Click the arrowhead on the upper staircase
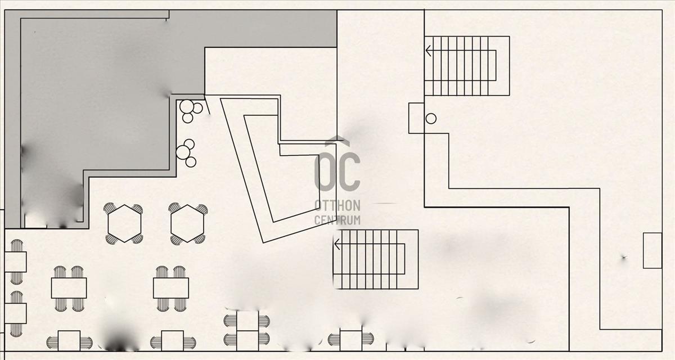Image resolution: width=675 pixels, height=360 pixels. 428,51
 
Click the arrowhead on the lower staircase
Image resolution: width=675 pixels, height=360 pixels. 337,244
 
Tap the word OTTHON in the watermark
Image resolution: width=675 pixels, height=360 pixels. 337,205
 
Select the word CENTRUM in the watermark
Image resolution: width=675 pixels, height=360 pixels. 337,220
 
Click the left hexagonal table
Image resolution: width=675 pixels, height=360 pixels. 124,223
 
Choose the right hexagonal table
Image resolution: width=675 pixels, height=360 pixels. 187,223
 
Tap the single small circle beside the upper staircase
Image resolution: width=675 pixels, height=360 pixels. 431,119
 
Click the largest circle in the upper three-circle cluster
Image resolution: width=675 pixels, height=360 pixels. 187,107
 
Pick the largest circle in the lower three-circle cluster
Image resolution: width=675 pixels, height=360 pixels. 183,152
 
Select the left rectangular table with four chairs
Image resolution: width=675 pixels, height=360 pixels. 69,288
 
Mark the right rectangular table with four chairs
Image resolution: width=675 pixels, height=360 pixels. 171,288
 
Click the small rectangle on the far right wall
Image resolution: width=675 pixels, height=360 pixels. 652,250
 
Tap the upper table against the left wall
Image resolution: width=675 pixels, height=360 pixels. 15,262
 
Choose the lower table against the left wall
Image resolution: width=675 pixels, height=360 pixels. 15,314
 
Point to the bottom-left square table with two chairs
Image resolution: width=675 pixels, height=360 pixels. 69,341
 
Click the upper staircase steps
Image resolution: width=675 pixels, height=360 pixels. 467,66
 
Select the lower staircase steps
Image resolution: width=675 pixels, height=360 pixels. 376,259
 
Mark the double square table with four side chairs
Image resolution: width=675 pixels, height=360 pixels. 247,331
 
